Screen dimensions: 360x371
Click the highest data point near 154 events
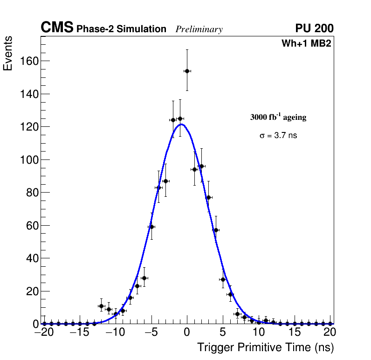(x=187, y=71)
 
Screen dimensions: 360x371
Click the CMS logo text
(x=57, y=28)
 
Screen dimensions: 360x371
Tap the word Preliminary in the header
(x=199, y=29)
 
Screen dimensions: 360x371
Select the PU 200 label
(x=314, y=28)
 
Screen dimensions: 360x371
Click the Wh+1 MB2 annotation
(x=306, y=44)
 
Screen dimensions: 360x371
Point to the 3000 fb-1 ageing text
(x=278, y=118)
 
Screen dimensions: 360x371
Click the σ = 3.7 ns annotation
(x=278, y=136)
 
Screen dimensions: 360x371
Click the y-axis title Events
(x=8, y=53)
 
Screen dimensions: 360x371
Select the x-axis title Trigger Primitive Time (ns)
(x=265, y=347)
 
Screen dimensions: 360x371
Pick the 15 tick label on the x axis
(x=295, y=332)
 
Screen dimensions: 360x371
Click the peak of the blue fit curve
(x=182, y=124)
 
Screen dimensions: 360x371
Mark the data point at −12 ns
(x=101, y=306)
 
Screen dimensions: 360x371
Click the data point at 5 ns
(x=223, y=279)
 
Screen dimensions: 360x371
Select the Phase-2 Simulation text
(x=121, y=29)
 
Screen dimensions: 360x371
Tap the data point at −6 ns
(x=144, y=278)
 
